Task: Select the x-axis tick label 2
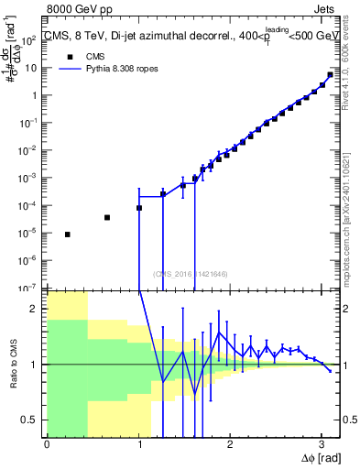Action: pyautogui.click(x=230, y=444)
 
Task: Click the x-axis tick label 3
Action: pyautogui.click(x=321, y=444)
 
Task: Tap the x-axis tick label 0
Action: pyautogui.click(x=47, y=444)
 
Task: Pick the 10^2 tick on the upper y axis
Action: pyautogui.click(x=31, y=41)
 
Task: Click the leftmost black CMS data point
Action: pyautogui.click(x=67, y=234)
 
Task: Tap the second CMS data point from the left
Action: pyautogui.click(x=107, y=217)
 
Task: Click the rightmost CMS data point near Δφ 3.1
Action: pyautogui.click(x=330, y=75)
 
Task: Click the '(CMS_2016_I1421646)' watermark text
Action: pyautogui.click(x=189, y=273)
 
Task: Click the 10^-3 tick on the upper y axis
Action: pyautogui.click(x=30, y=178)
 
